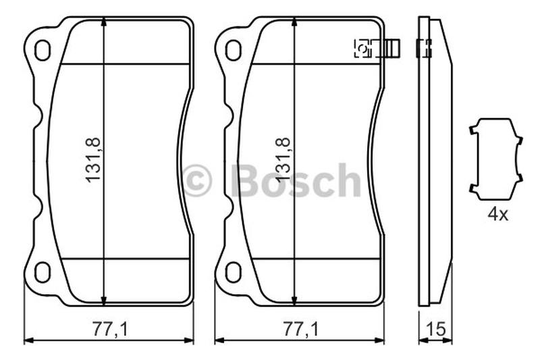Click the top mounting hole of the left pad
[43, 51]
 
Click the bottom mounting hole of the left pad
[43, 272]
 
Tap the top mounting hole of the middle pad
[233, 51]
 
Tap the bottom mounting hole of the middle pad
[233, 272]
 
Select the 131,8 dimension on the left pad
[93, 160]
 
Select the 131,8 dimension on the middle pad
[283, 160]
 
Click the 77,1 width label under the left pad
[109, 329]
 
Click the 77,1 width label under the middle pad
[300, 329]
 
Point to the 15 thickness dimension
[435, 329]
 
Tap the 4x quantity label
[497, 215]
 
